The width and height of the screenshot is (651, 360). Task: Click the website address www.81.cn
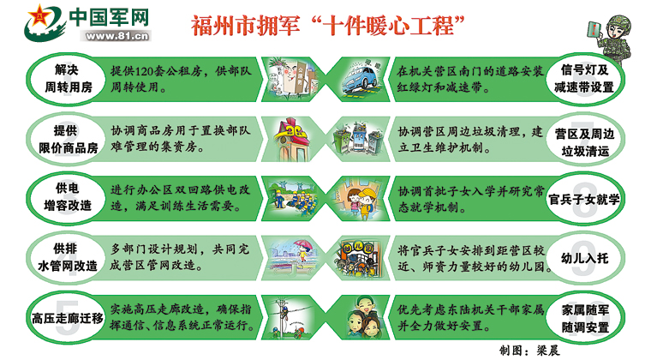click(x=116, y=36)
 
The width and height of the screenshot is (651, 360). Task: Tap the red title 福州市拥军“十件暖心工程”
click(x=327, y=26)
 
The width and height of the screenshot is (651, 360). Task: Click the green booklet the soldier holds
click(x=594, y=31)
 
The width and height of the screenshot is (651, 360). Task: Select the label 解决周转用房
click(x=68, y=78)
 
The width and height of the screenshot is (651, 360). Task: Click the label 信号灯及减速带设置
click(x=583, y=78)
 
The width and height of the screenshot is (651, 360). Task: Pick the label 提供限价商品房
click(x=68, y=139)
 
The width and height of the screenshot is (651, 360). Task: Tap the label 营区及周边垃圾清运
click(x=584, y=142)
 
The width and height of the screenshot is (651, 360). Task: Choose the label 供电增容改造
click(x=68, y=197)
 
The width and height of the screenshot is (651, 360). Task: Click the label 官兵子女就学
click(x=583, y=200)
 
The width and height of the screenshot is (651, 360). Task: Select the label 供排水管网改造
click(x=68, y=257)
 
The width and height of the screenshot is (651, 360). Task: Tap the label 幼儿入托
click(x=584, y=258)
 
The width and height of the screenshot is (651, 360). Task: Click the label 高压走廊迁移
click(x=68, y=318)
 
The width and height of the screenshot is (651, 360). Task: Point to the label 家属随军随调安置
click(x=585, y=318)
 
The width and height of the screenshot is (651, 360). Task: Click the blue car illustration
click(x=361, y=79)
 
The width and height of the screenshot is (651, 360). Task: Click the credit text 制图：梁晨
click(x=529, y=350)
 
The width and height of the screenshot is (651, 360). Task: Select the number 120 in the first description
click(x=144, y=71)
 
